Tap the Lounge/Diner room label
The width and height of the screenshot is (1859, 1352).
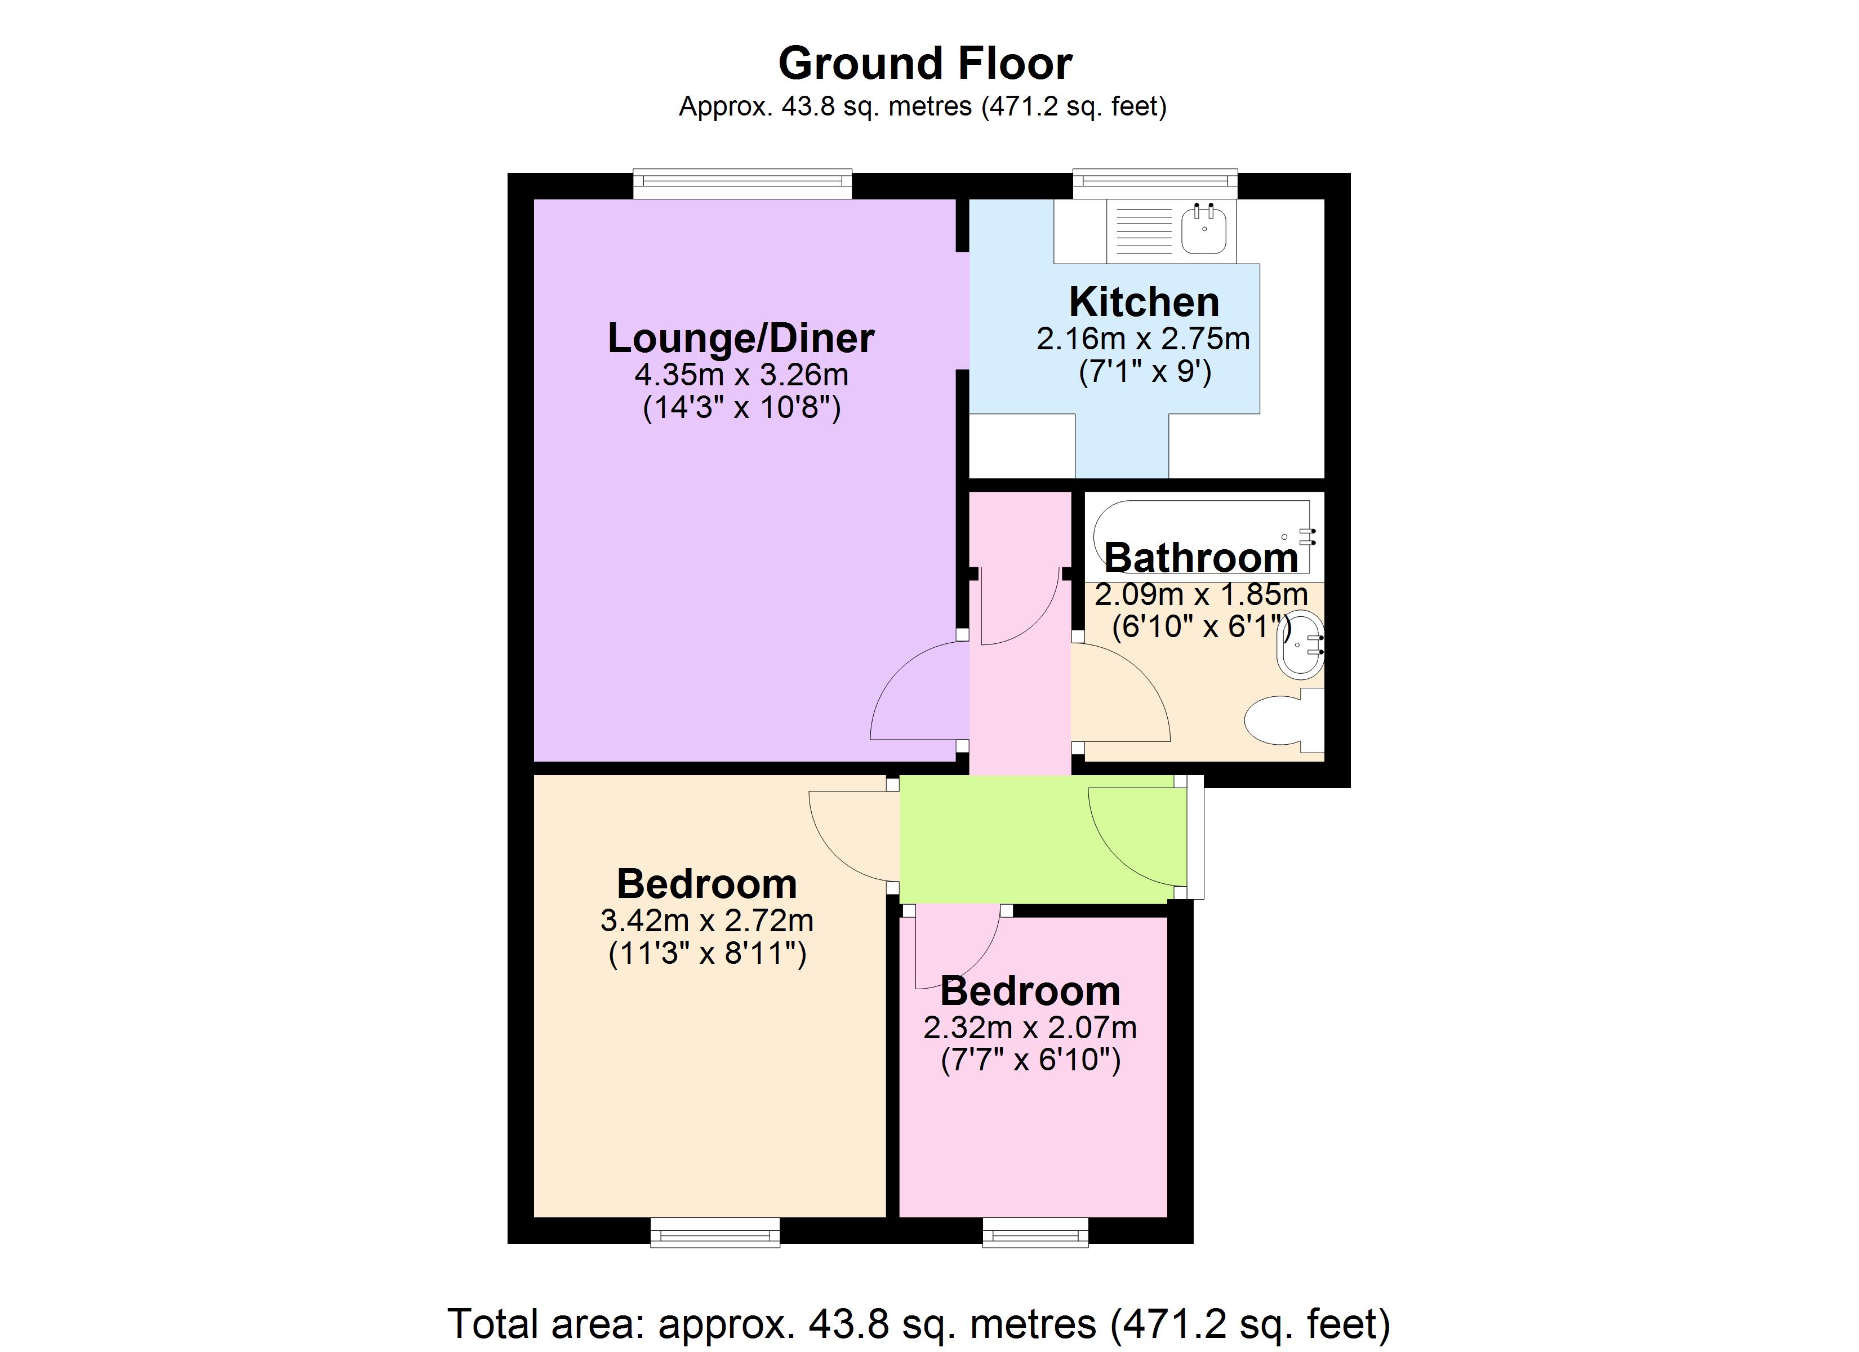coord(740,338)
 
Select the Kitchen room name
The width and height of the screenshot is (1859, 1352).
coord(1144,302)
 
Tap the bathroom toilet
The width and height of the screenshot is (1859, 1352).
coord(1279,720)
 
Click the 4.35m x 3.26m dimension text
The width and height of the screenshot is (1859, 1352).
coord(741,375)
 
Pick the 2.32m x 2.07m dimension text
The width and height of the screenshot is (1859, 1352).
coord(1030,1028)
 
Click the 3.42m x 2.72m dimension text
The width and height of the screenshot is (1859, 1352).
coord(706,920)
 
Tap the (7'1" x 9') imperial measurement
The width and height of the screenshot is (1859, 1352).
coord(1144,372)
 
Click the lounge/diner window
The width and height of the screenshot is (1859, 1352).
coord(742,184)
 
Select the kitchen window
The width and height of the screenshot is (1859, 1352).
coord(1154,184)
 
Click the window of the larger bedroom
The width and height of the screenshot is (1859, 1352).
coord(715,1233)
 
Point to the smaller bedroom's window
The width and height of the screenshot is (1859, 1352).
coord(1035,1233)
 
